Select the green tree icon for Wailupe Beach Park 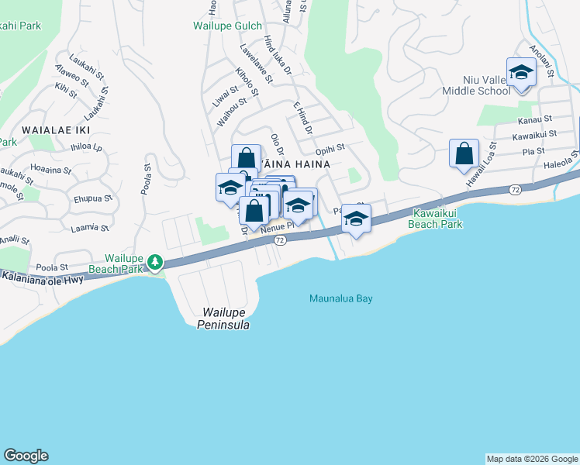click(x=156, y=263)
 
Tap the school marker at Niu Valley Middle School click(x=521, y=74)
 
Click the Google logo click(x=26, y=456)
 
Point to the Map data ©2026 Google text click(x=531, y=459)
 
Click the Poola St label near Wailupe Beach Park click(x=54, y=267)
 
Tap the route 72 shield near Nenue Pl click(x=281, y=241)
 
